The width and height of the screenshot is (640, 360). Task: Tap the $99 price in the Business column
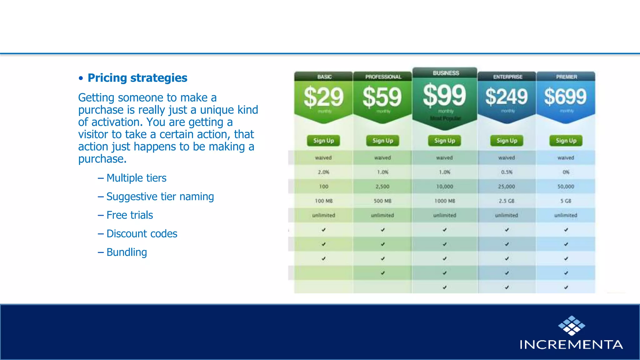point(444,95)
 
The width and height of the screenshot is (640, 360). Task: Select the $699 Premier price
point(565,97)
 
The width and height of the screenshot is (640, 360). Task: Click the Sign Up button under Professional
point(382,141)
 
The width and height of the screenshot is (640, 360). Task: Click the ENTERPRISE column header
point(507,77)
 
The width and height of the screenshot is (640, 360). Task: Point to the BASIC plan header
point(324,77)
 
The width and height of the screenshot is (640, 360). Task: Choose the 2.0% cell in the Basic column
point(323,172)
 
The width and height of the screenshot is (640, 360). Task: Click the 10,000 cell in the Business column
point(444,187)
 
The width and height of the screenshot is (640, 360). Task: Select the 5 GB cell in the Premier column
point(566,201)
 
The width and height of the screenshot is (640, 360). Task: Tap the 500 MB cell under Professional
point(382,201)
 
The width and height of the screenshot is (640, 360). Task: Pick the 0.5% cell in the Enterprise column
point(507,172)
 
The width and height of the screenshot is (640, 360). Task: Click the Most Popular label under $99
point(445,118)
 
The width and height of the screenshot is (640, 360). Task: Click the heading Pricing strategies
point(137,78)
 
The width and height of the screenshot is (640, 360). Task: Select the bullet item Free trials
point(129,215)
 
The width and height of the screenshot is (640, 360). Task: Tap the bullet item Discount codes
point(142,234)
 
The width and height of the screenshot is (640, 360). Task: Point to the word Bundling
point(127,252)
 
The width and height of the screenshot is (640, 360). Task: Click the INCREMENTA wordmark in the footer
point(571,344)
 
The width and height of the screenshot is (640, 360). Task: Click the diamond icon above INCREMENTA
point(572,325)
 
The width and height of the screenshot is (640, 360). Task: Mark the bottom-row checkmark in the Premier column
point(566,287)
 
